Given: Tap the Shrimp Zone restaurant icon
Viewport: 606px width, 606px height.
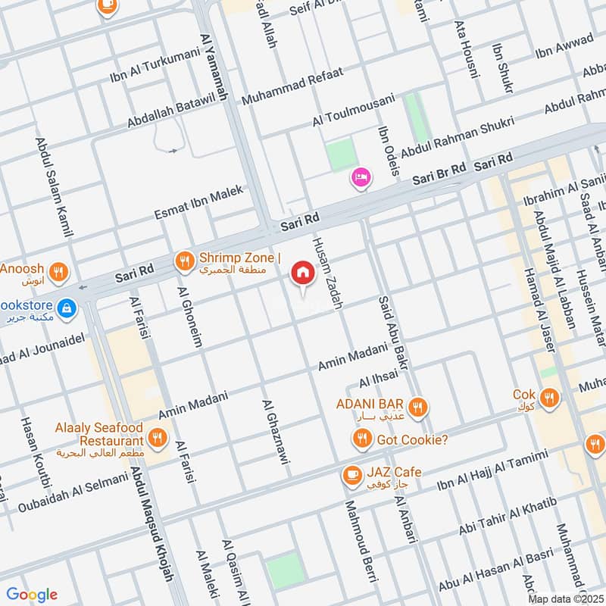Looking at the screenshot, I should [x=183, y=262].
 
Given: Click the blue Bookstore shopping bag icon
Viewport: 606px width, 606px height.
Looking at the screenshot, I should [x=67, y=307].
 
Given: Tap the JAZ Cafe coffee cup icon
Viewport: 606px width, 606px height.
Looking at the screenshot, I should [x=351, y=474].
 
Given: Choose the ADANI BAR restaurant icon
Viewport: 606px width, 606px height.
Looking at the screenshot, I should [x=417, y=409].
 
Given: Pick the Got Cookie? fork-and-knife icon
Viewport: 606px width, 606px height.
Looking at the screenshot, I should [x=362, y=439].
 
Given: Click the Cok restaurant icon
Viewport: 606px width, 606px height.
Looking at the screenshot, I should [x=550, y=396].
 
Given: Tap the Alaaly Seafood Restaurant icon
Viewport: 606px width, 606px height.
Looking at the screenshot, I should [x=158, y=437].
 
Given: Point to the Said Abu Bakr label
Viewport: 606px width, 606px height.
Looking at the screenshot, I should [x=393, y=333].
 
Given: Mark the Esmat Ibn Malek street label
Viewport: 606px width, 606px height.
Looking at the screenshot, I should [x=199, y=202].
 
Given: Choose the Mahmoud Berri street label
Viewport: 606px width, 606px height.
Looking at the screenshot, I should [x=361, y=541].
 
